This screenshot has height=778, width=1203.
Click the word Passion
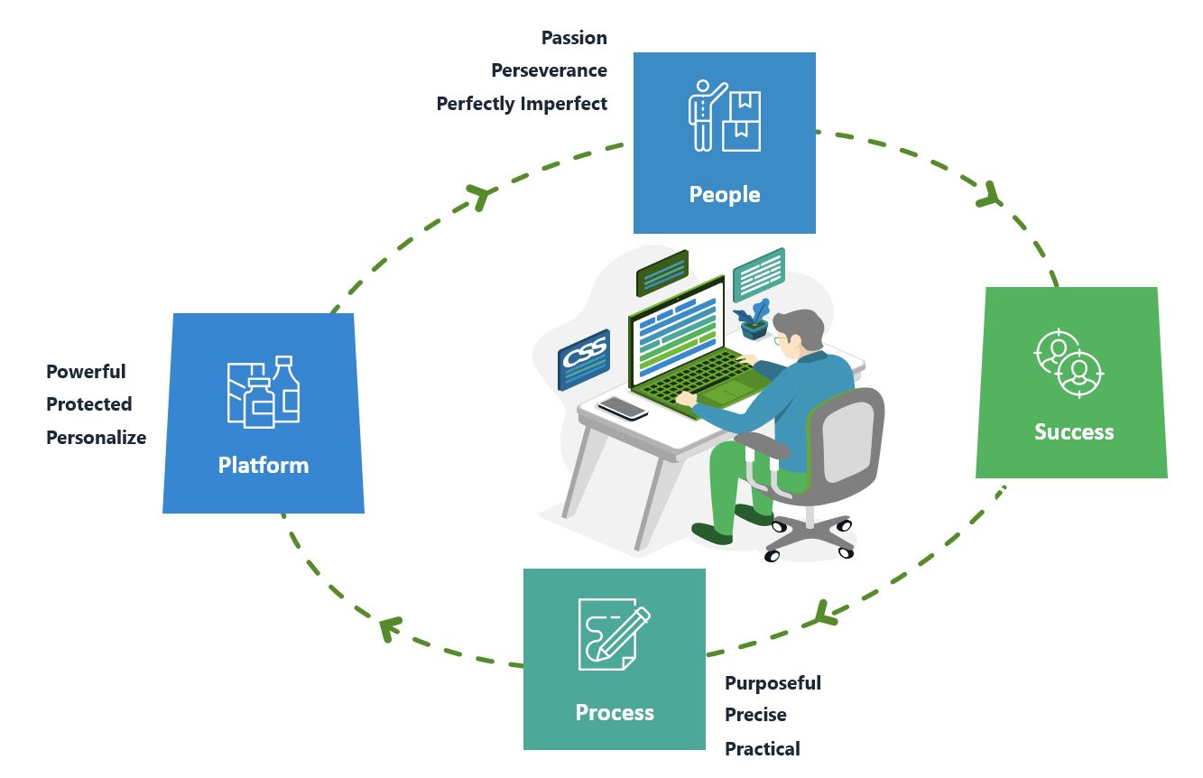pos(574,38)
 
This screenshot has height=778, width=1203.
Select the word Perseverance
pos(549,70)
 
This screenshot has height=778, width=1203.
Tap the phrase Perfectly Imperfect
pos(522,104)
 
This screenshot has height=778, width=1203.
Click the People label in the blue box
pos(724,194)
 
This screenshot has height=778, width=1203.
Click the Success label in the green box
pos(1073,431)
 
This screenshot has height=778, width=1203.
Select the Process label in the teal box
pos(615,712)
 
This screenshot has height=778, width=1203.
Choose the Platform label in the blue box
pos(263,465)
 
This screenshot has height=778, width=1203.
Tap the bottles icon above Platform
pos(263,392)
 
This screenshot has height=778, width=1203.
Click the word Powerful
pos(86,372)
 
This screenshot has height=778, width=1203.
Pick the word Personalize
pos(96,438)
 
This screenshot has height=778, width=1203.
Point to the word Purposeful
pos(773,683)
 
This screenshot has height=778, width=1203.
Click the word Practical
pos(762,749)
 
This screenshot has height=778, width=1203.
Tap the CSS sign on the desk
pos(584,357)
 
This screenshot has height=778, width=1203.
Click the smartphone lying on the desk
pos(623,408)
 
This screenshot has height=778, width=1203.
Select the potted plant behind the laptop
pos(753,320)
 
